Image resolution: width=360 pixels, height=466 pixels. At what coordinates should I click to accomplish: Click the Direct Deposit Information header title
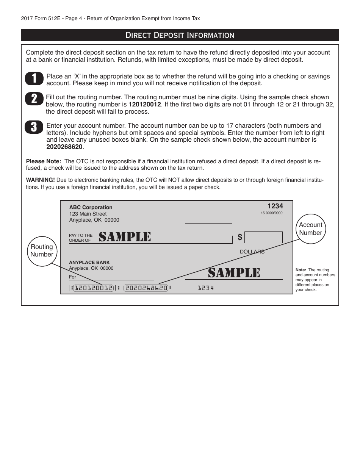click(x=180, y=35)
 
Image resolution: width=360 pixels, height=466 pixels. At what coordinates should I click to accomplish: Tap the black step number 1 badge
click(x=34, y=78)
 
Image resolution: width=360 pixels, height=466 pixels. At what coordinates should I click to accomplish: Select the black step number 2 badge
click(x=34, y=99)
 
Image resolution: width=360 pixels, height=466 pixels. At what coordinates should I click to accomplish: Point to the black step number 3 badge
click(x=34, y=127)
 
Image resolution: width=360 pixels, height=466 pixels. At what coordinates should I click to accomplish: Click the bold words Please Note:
click(x=44, y=161)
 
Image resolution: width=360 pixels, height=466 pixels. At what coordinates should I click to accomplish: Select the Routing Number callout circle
click(x=42, y=251)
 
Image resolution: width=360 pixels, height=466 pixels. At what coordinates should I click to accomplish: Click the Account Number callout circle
click(x=310, y=229)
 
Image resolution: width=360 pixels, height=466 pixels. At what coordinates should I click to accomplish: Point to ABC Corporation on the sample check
click(x=91, y=207)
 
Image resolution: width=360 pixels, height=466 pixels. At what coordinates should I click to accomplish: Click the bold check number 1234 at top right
click(x=275, y=206)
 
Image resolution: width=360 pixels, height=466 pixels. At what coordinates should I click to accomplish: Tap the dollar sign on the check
click(x=240, y=237)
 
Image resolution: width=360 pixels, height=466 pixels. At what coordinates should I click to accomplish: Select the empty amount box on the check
click(x=263, y=237)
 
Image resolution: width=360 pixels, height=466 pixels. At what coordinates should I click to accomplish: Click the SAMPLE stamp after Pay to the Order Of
click(x=125, y=237)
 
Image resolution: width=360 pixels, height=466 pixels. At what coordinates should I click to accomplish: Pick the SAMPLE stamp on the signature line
click(x=234, y=272)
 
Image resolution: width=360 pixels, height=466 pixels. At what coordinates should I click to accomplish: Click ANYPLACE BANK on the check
click(x=89, y=263)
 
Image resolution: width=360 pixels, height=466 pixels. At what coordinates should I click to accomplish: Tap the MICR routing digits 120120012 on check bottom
click(x=93, y=288)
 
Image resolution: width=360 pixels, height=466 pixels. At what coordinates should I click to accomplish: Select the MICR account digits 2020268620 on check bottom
click(x=146, y=288)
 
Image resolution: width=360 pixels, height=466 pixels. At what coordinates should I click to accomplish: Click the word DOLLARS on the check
click(x=252, y=252)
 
